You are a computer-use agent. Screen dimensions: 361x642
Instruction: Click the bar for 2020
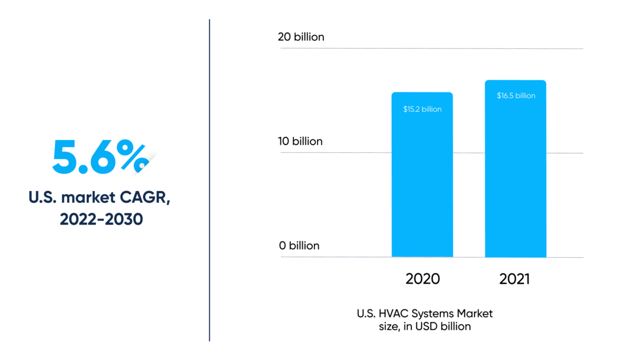coord(422,182)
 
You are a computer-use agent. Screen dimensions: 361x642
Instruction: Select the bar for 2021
coord(515,176)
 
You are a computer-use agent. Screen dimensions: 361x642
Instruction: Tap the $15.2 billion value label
coord(422,109)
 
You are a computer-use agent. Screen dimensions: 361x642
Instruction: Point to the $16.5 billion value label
coord(516,96)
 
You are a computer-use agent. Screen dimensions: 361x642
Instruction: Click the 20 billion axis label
coord(301,37)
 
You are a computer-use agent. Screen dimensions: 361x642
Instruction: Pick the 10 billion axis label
coord(300,141)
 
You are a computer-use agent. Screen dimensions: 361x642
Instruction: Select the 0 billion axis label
coord(299,245)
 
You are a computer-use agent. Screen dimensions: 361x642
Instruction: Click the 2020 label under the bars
coord(423,279)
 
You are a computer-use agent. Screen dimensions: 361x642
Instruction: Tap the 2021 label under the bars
coord(515,279)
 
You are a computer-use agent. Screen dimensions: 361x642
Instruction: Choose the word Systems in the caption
coord(431,313)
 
